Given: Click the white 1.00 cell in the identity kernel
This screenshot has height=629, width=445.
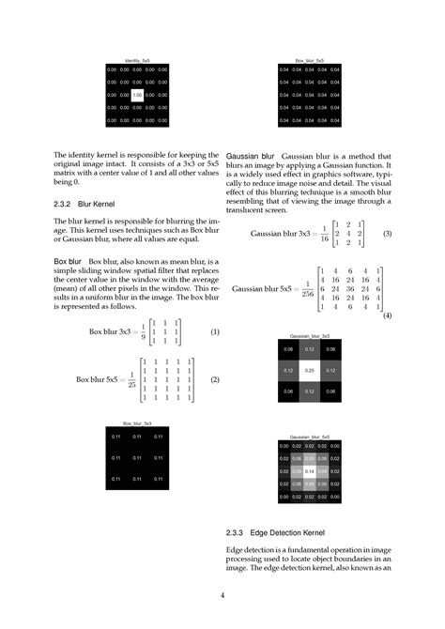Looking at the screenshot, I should pyautogui.click(x=137, y=95).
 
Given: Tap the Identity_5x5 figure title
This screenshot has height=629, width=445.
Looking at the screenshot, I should pyautogui.click(x=137, y=60).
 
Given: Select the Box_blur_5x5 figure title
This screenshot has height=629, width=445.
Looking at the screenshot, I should pyautogui.click(x=309, y=60).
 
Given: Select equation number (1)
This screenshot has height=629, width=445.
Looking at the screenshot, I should pyautogui.click(x=214, y=331).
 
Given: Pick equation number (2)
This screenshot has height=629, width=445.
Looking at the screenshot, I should pyautogui.click(x=214, y=379).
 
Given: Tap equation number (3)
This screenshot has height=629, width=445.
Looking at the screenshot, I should pyautogui.click(x=387, y=233).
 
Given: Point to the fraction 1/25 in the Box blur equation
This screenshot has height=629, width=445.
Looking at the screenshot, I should pyautogui.click(x=131, y=380).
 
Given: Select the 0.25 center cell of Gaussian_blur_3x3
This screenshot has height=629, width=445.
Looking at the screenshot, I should pyautogui.click(x=309, y=370).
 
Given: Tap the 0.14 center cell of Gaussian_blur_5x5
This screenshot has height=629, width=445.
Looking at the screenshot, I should pyautogui.click(x=309, y=470).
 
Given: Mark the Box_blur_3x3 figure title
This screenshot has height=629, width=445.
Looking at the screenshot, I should pyautogui.click(x=137, y=423).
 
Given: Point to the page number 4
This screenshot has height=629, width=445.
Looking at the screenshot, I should pyautogui.click(x=222, y=595).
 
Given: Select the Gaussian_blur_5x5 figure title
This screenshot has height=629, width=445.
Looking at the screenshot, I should pyautogui.click(x=309, y=437).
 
